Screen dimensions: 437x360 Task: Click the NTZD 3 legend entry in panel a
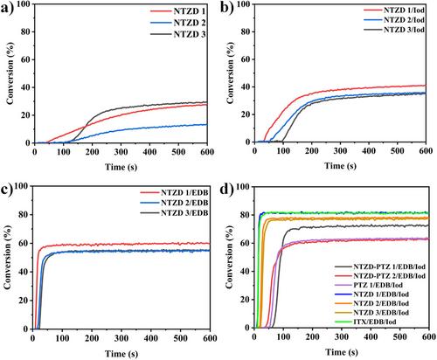click(178, 34)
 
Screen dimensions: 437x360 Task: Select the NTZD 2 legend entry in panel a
click(178, 23)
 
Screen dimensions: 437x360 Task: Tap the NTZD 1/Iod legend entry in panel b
click(394, 10)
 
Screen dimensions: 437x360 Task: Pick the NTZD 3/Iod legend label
click(404, 30)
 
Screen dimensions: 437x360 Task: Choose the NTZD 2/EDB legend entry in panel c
click(174, 203)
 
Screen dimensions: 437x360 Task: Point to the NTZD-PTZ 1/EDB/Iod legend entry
click(380, 267)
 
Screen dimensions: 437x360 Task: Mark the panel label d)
click(227, 190)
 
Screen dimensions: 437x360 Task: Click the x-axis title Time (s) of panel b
click(340, 166)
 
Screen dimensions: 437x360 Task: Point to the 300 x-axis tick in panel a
click(121, 152)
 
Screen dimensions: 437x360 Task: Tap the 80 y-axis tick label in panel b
click(247, 31)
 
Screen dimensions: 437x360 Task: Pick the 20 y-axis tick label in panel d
click(246, 300)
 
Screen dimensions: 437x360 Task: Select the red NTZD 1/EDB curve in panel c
click(122, 245)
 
